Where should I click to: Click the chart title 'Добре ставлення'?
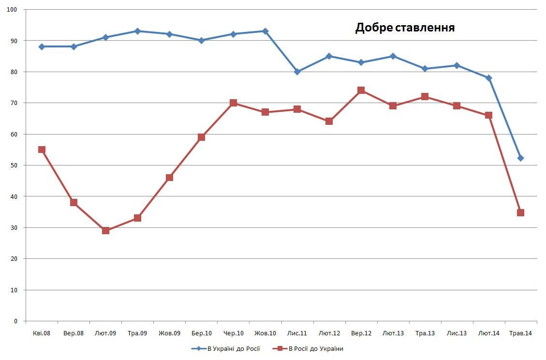[x=405, y=28]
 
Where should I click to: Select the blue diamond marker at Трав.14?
[x=520, y=158]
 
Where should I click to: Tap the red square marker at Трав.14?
[x=520, y=212]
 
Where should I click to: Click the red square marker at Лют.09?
[x=105, y=230]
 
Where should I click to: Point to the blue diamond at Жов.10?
[x=265, y=31]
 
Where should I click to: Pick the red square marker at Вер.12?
[x=361, y=90]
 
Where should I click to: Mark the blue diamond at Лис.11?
[x=297, y=72]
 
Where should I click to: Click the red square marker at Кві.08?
[x=42, y=150]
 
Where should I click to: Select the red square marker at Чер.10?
[x=233, y=103]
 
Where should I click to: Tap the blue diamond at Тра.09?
[x=137, y=31]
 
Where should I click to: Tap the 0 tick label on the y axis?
[x=16, y=321]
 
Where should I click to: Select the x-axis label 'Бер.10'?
[x=201, y=333]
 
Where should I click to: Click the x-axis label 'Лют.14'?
[x=488, y=333]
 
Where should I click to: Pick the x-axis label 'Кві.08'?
[x=42, y=333]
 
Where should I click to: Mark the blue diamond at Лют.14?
[x=488, y=78]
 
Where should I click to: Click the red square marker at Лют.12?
[x=329, y=121]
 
